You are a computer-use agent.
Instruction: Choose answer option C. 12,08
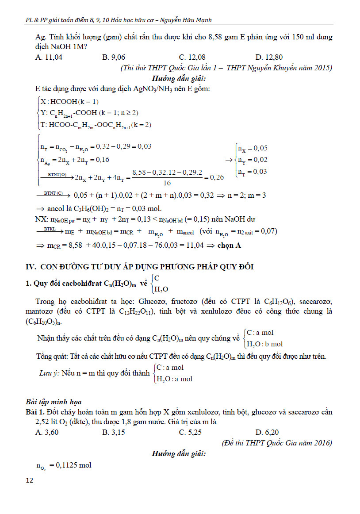[x=192, y=57]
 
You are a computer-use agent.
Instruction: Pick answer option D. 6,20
[x=267, y=432]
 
